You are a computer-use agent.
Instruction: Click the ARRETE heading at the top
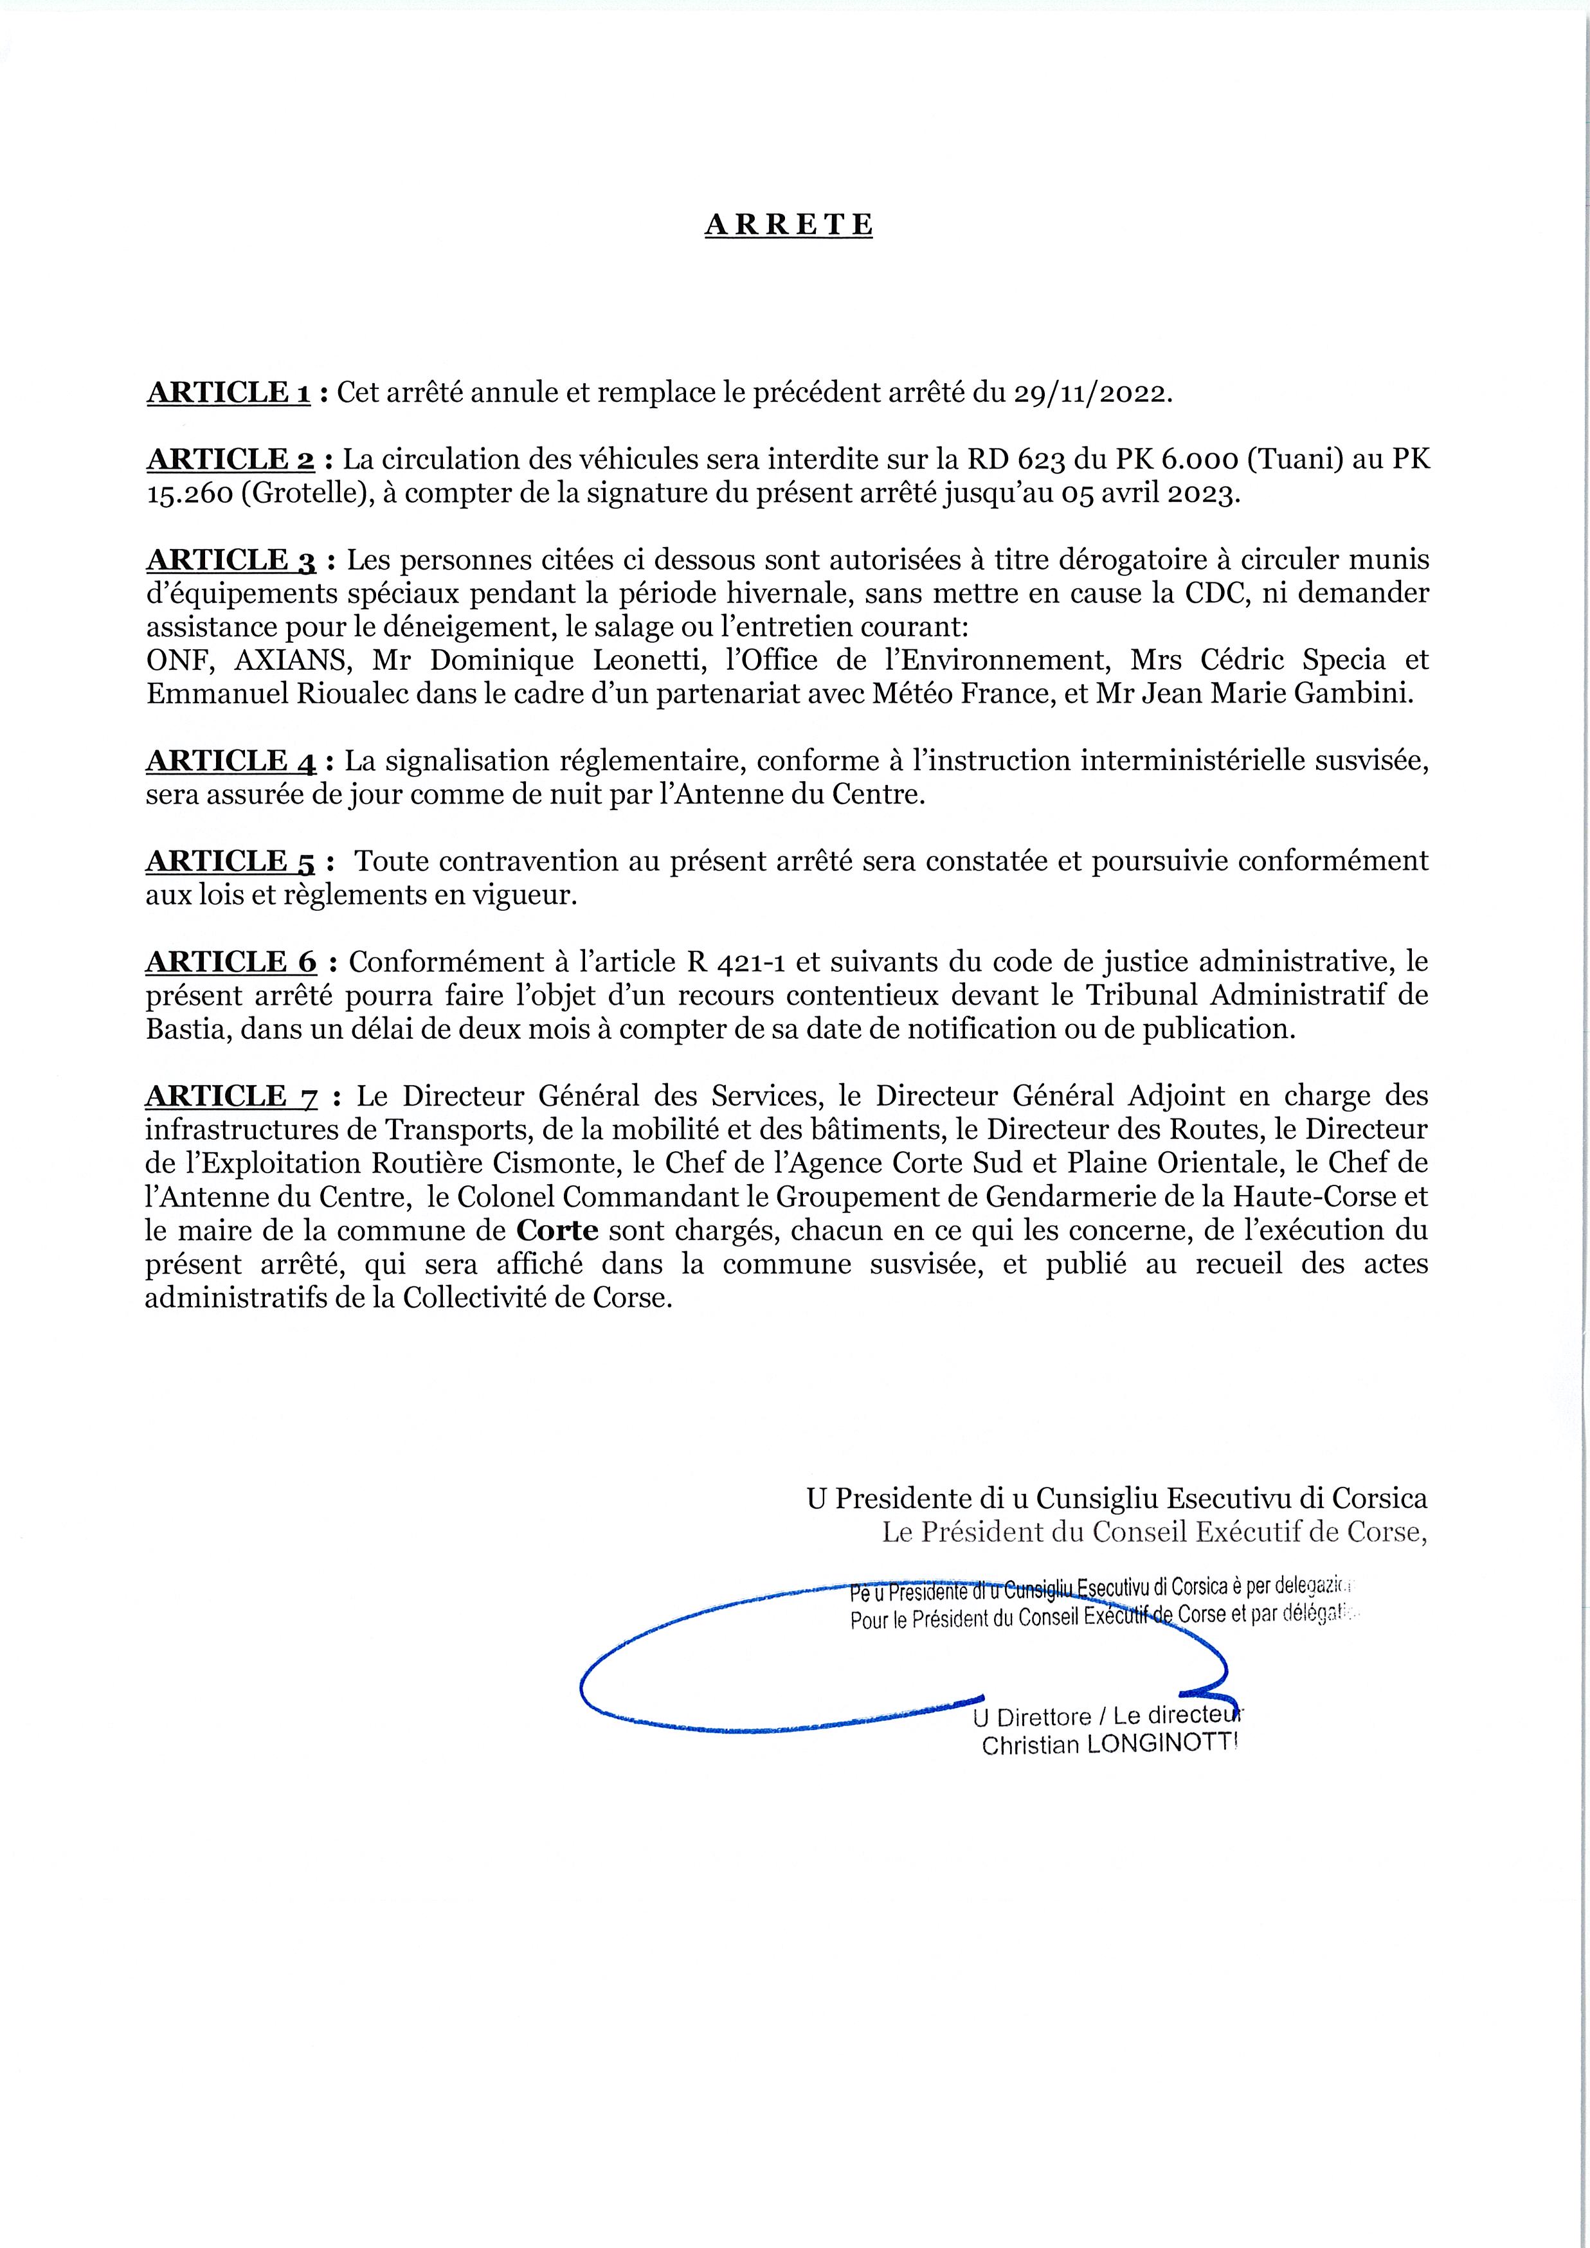click(x=788, y=225)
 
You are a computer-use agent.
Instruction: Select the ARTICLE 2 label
click(x=230, y=460)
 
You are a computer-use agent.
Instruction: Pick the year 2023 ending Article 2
click(x=1200, y=494)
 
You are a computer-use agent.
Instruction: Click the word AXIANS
click(x=293, y=661)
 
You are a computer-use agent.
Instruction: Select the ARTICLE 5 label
click(x=231, y=861)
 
